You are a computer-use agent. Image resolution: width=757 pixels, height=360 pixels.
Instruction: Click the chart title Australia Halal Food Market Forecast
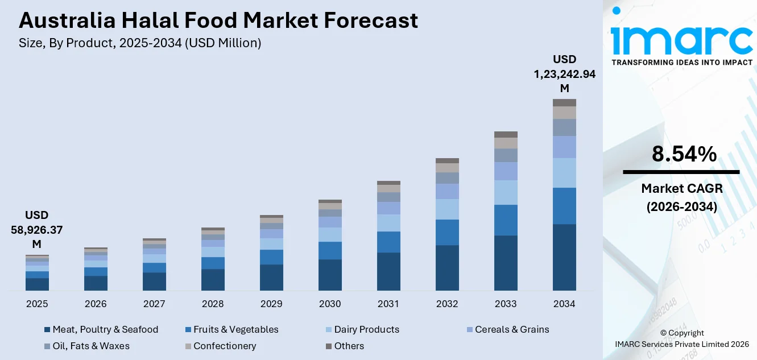point(218,20)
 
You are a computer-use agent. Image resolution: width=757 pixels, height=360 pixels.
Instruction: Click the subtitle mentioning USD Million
point(140,43)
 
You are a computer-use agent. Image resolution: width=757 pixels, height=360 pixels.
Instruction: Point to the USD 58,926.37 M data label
point(36,229)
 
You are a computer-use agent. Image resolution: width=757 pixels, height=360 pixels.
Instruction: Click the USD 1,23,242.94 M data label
point(564,73)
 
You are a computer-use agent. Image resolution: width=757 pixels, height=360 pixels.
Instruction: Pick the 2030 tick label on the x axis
point(330,304)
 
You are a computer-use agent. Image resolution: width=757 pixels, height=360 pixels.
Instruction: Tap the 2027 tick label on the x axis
point(154,304)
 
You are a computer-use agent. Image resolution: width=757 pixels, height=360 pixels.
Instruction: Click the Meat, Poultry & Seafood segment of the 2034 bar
point(564,257)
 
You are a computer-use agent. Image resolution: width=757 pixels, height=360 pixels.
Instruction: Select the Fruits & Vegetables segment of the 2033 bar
point(506,220)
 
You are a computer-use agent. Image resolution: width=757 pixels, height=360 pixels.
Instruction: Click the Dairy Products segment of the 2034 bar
point(564,173)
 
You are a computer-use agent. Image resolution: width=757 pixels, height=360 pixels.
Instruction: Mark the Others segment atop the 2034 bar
point(564,102)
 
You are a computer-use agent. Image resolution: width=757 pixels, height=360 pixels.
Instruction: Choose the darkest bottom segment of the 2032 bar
point(447,268)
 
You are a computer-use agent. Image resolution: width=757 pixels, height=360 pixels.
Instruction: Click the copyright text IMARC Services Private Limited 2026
point(682,344)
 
